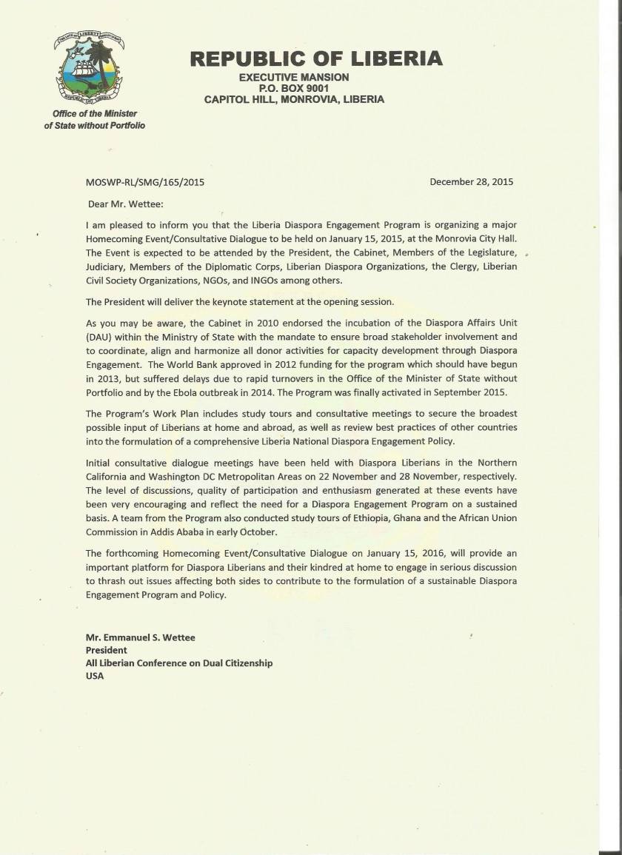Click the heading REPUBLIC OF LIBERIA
point(316,58)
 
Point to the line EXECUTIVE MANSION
point(294,77)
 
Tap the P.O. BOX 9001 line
point(294,88)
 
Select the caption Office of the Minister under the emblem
point(95,114)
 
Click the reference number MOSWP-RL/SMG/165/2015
point(145,182)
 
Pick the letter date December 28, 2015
point(471,182)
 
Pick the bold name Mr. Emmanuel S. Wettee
point(141,637)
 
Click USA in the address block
point(95,676)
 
